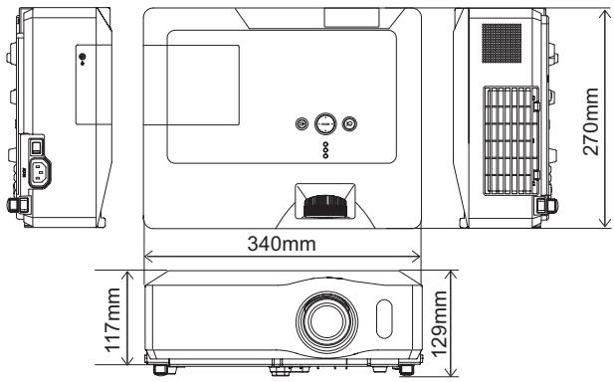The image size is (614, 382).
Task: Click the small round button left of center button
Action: (x=303, y=124)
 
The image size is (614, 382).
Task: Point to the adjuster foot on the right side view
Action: (x=544, y=204)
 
